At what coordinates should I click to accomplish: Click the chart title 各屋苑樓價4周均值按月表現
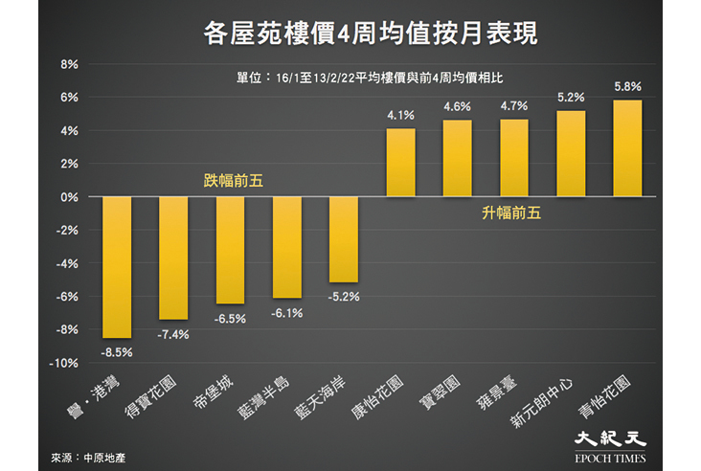click(371, 34)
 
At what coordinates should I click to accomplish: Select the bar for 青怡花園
click(627, 148)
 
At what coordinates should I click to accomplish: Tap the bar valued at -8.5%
click(117, 267)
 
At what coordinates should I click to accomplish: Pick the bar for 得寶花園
click(173, 258)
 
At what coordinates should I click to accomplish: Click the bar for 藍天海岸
click(344, 239)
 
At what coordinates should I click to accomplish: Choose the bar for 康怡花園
click(400, 163)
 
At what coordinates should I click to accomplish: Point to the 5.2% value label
click(571, 98)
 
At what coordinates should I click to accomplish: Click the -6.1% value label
click(287, 313)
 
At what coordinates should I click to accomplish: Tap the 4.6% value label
click(458, 107)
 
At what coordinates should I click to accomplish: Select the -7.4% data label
click(173, 335)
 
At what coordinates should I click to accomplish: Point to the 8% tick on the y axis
click(69, 64)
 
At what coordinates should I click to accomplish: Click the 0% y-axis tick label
click(69, 197)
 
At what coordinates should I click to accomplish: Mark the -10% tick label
click(63, 364)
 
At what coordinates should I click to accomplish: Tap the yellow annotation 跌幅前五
click(234, 181)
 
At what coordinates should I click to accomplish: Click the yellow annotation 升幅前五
click(511, 213)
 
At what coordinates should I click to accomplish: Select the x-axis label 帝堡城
click(214, 392)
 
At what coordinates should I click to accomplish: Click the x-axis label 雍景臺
click(496, 392)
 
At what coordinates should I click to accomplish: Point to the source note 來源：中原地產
click(88, 458)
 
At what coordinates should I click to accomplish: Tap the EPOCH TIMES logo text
click(610, 458)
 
